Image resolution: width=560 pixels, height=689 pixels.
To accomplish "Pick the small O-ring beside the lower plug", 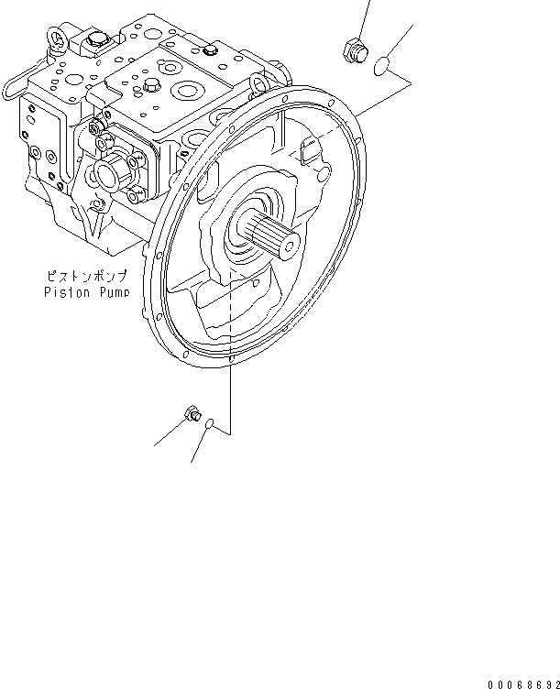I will coord(211,424).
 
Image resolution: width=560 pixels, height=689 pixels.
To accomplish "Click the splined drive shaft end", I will coord(269,235).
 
